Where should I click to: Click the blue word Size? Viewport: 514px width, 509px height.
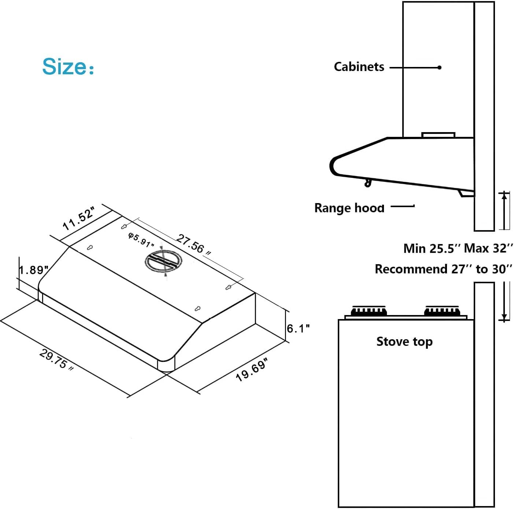[x=64, y=67]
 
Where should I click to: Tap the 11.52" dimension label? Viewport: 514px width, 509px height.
[x=78, y=219]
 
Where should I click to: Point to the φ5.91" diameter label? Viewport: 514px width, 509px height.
[x=141, y=240]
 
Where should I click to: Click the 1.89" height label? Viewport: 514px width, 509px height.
[x=34, y=270]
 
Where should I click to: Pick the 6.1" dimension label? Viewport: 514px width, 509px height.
[x=298, y=329]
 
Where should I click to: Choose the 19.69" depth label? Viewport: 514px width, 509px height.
[x=252, y=370]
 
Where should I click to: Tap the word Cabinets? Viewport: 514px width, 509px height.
[x=359, y=67]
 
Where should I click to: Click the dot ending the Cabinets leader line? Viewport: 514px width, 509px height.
[x=439, y=67]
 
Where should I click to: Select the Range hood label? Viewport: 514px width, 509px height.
[x=349, y=208]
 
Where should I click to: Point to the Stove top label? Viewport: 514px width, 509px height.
[x=404, y=341]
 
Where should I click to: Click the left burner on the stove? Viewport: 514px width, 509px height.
[x=369, y=311]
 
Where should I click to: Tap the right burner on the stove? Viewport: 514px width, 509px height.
[x=442, y=311]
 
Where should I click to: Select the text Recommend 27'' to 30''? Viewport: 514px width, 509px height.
[x=443, y=269]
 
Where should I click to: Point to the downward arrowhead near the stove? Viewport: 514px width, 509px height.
[x=504, y=317]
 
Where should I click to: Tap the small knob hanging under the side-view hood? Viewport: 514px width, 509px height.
[x=367, y=183]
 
